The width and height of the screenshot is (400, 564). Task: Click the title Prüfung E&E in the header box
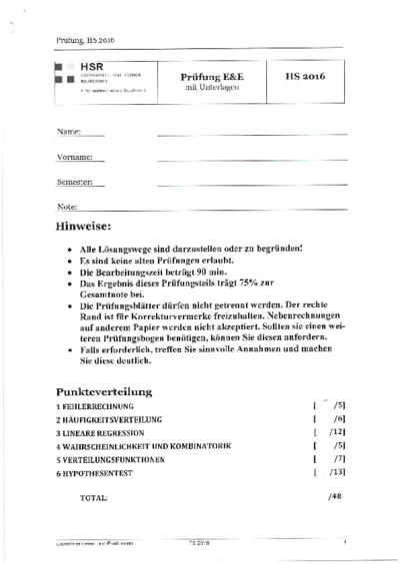click(212, 75)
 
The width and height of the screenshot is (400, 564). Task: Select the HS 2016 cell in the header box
click(307, 75)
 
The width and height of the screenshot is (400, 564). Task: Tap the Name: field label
click(67, 131)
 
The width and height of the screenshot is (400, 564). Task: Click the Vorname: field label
click(75, 157)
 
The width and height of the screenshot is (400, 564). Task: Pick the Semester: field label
click(76, 183)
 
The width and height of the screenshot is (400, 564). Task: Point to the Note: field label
click(66, 208)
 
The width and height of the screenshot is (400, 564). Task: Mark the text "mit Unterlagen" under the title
click(211, 87)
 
